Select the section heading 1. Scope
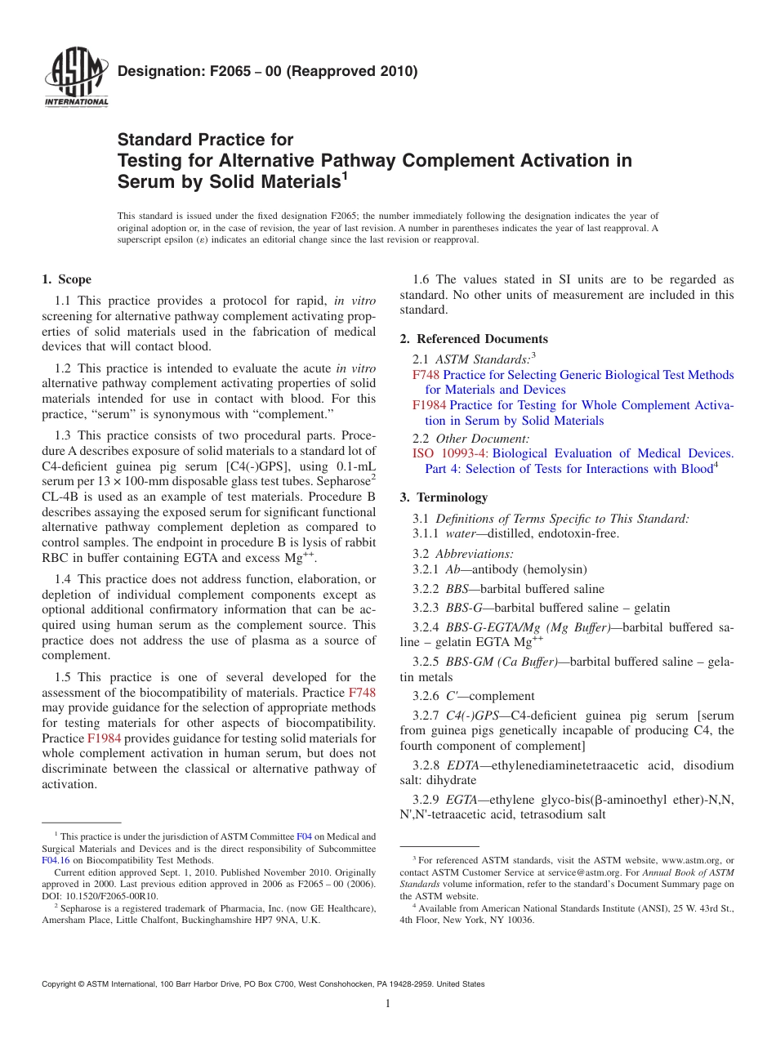(x=67, y=279)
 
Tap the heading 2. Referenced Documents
(x=474, y=339)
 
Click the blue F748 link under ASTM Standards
(x=426, y=375)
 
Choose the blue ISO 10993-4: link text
(x=450, y=453)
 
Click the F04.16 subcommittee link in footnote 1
(x=55, y=860)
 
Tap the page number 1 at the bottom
(x=388, y=1004)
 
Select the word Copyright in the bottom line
(x=62, y=984)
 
